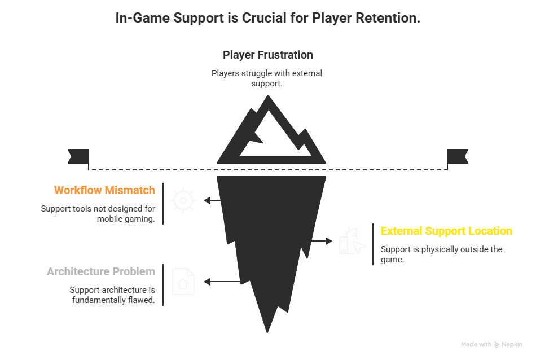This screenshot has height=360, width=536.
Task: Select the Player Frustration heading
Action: (267, 55)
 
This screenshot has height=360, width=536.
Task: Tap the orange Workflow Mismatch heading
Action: (104, 190)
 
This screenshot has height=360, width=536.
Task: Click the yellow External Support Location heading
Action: (446, 231)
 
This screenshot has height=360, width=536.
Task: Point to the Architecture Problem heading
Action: (101, 271)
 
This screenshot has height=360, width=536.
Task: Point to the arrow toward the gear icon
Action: (212, 200)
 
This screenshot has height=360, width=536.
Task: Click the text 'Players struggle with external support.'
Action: (266, 78)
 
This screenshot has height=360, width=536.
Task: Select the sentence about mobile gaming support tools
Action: (98, 214)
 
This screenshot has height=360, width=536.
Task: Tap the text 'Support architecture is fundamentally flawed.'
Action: (112, 295)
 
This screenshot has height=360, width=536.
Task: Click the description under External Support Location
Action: (441, 254)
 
